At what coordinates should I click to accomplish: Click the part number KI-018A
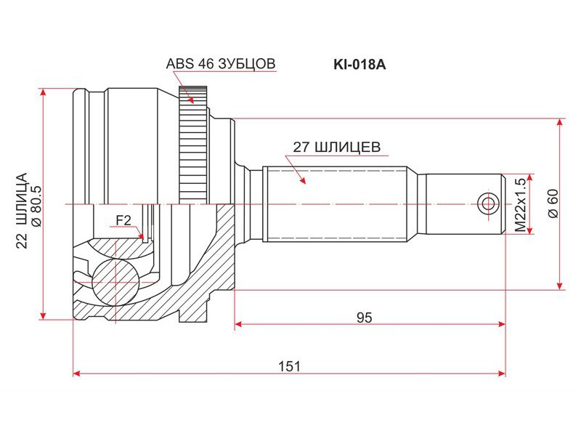[x=359, y=65]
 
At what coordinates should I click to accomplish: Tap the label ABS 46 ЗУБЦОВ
[x=221, y=64]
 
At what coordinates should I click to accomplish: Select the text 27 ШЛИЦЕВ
[x=337, y=148]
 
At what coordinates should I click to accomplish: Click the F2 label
[x=123, y=221]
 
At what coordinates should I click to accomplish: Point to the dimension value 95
[x=365, y=318]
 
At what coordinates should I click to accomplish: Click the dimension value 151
[x=289, y=367]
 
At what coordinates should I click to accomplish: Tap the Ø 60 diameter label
[x=553, y=203]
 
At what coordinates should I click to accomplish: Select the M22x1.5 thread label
[x=520, y=205]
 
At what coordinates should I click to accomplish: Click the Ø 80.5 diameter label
[x=37, y=205]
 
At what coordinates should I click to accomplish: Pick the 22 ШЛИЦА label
[x=22, y=210]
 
